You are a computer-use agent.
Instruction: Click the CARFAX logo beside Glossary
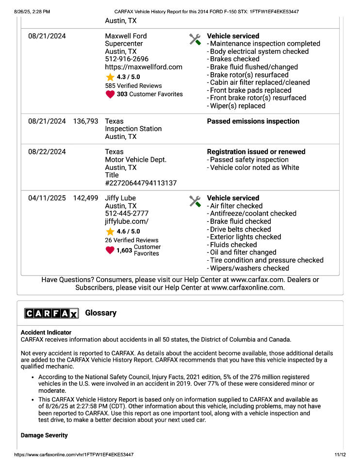(x=51, y=313)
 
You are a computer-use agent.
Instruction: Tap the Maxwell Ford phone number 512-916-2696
(x=127, y=59)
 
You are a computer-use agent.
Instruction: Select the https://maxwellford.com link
(x=144, y=67)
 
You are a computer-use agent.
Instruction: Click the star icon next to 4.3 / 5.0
(x=110, y=77)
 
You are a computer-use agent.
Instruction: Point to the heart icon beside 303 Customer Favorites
(x=110, y=94)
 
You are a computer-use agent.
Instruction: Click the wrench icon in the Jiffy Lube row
(x=195, y=201)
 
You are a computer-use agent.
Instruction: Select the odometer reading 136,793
(x=85, y=121)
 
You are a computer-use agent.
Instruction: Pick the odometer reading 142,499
(x=85, y=198)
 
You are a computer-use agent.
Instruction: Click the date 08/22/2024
(x=47, y=152)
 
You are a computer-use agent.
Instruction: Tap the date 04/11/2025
(x=47, y=198)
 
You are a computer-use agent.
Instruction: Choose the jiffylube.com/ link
(x=127, y=221)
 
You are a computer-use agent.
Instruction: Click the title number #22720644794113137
(x=141, y=183)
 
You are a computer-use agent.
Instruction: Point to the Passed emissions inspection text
(x=253, y=121)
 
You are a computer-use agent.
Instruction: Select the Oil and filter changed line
(x=243, y=252)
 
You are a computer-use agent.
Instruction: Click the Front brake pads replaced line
(x=250, y=90)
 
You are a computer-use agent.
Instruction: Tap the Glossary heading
(x=100, y=313)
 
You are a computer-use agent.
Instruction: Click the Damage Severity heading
(x=44, y=435)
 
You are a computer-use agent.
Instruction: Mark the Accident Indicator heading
(x=46, y=333)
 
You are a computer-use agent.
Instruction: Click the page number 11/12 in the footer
(x=340, y=455)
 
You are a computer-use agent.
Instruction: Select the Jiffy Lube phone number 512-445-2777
(x=127, y=214)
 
